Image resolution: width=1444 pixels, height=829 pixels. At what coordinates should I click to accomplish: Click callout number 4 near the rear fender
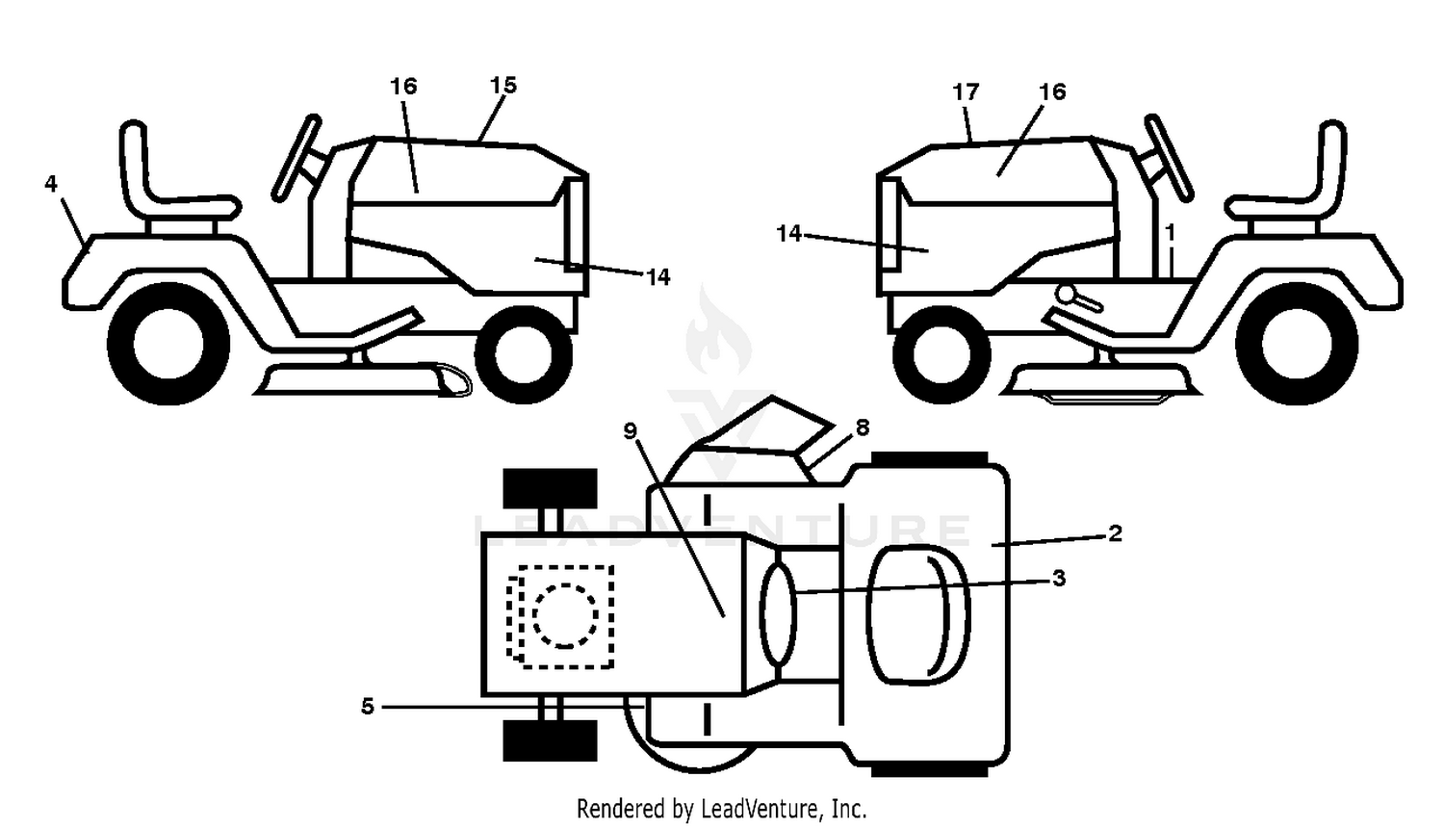[51, 184]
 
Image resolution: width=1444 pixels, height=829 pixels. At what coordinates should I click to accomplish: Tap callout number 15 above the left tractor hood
[503, 85]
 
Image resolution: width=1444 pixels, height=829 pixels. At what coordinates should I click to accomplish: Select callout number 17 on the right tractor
[966, 92]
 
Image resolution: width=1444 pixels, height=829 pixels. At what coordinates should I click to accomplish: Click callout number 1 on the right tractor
[1171, 232]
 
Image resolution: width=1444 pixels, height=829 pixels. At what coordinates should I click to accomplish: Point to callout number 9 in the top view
[630, 430]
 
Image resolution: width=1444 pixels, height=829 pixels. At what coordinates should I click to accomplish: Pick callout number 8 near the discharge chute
[862, 427]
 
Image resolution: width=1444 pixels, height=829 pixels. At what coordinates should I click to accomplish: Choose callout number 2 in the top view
[1115, 533]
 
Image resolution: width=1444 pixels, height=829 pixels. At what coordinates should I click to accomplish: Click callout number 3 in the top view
[1059, 579]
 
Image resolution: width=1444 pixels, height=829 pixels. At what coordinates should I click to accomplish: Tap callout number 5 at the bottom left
[368, 707]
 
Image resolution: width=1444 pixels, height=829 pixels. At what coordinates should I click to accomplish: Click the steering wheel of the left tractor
[296, 158]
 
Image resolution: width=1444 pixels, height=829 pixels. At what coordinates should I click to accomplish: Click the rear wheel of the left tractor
[168, 344]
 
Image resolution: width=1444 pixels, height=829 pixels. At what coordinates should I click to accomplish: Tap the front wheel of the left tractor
[524, 355]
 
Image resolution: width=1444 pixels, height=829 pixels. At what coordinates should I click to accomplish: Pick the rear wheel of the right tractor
[1297, 344]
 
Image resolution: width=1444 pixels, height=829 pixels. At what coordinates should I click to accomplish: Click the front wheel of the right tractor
[941, 355]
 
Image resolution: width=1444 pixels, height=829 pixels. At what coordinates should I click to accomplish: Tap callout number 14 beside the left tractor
[658, 277]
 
